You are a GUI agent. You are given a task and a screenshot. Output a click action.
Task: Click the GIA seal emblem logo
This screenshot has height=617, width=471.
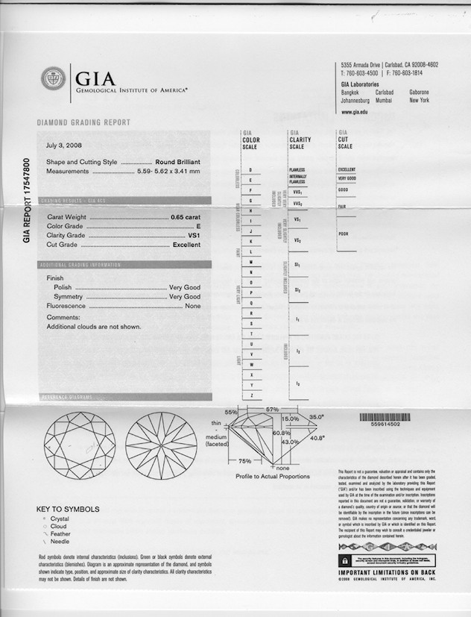point(53,78)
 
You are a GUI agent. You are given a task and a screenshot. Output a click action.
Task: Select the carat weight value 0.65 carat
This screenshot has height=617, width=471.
point(186,216)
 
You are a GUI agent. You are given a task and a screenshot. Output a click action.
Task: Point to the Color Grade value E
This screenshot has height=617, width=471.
point(199,226)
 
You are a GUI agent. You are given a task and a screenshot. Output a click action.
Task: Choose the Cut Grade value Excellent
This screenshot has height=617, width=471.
point(187,245)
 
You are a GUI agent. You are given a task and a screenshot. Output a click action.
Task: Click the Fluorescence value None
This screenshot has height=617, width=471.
point(193,306)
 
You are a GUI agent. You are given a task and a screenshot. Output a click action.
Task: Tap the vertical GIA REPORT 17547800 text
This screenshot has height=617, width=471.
point(27,199)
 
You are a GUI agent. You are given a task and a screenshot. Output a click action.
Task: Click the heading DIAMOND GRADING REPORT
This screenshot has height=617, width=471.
point(83,122)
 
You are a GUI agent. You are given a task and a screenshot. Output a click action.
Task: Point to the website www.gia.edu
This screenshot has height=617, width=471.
point(356,112)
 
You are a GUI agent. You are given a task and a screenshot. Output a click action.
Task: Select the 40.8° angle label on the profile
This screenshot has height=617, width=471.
point(317,438)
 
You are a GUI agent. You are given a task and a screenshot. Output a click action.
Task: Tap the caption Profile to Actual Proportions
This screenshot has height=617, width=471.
point(273,476)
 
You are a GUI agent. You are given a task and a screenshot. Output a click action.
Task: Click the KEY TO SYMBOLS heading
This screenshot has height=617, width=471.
point(68,510)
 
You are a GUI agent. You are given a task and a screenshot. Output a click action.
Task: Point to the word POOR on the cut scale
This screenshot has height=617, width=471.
point(344,234)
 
